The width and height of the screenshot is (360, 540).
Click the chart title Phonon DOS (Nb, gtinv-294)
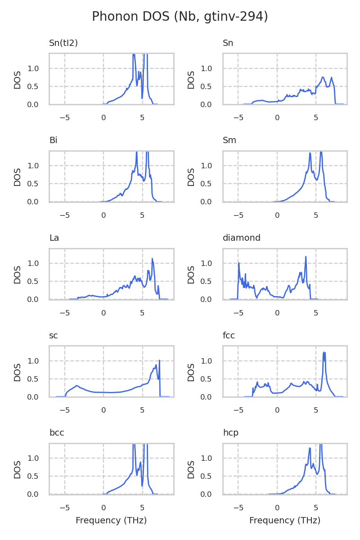(180, 17)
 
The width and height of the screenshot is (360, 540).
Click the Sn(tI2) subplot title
(63, 43)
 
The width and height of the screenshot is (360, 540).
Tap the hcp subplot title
(230, 433)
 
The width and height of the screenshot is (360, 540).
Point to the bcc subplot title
(57, 433)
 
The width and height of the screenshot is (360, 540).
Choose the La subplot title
(54, 238)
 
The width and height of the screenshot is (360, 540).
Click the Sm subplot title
(229, 140)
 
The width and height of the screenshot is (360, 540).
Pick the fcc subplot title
(229, 336)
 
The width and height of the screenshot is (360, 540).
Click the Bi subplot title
(53, 140)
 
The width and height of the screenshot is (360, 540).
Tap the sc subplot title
(53, 336)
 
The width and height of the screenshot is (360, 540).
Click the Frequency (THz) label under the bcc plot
(111, 521)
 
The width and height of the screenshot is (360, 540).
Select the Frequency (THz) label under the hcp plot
(285, 521)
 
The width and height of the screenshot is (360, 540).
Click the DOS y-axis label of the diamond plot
(191, 274)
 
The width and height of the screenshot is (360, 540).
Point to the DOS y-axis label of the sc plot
(18, 372)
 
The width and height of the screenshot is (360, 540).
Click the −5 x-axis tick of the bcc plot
(65, 507)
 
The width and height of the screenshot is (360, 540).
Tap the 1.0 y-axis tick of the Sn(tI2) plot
(39, 68)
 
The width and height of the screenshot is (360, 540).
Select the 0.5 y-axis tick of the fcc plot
(213, 379)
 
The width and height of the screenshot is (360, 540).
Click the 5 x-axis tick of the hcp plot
(316, 507)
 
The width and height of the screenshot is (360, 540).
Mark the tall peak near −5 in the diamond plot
(238, 263)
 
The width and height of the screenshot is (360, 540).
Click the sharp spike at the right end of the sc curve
(159, 361)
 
